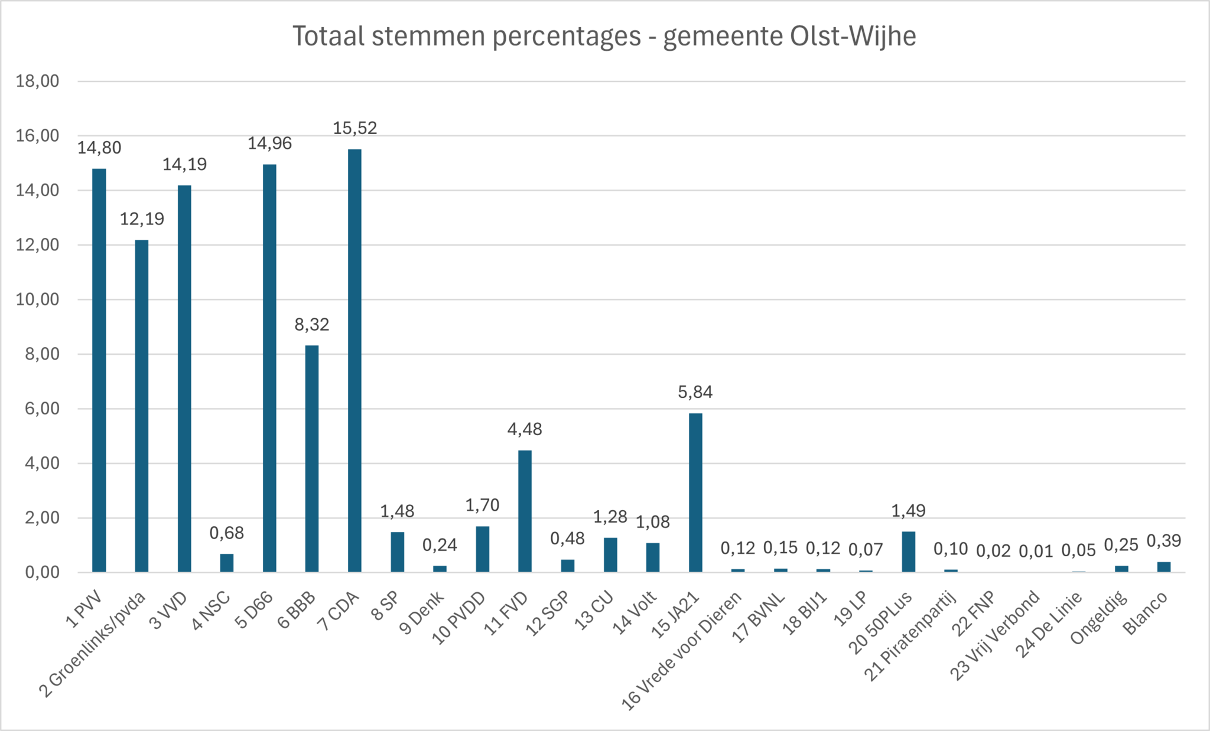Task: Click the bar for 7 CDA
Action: (354, 360)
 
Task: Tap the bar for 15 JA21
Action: (695, 492)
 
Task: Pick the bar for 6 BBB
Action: (312, 459)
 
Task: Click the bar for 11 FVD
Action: (525, 511)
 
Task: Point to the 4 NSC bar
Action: (227, 563)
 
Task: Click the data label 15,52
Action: (354, 128)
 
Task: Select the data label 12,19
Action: (142, 219)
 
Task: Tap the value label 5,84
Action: (695, 392)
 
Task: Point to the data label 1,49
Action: (908, 511)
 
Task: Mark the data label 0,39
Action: (1163, 541)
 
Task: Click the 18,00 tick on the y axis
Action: (38, 81)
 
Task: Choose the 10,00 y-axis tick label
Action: (38, 299)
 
